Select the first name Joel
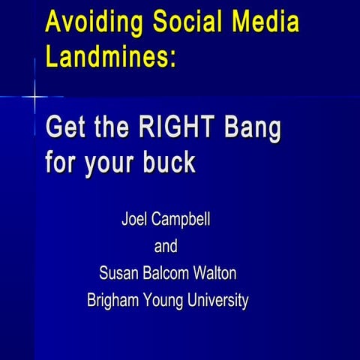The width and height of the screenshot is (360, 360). pos(135,221)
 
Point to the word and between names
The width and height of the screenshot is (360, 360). pos(166,247)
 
